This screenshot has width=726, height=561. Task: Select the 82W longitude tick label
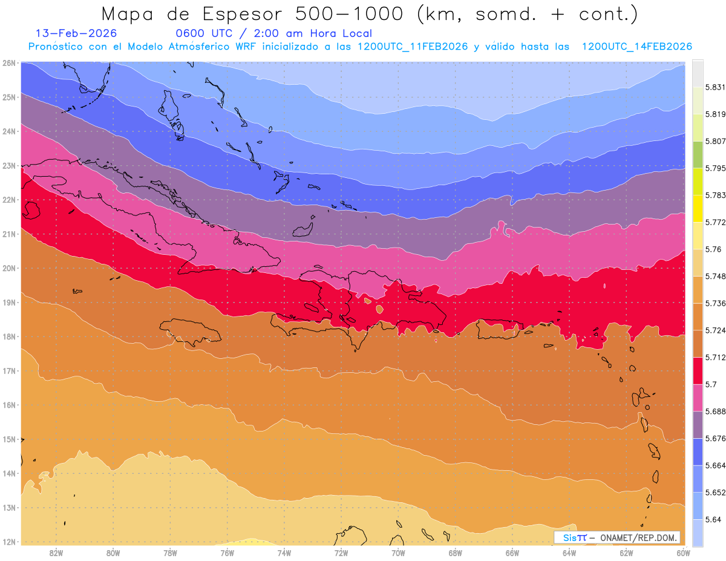point(56,553)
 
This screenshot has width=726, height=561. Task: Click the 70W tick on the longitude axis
point(398,553)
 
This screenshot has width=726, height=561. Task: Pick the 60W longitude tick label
point(683,553)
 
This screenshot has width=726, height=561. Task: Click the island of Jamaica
point(191,332)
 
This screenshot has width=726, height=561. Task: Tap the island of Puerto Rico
point(499,329)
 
